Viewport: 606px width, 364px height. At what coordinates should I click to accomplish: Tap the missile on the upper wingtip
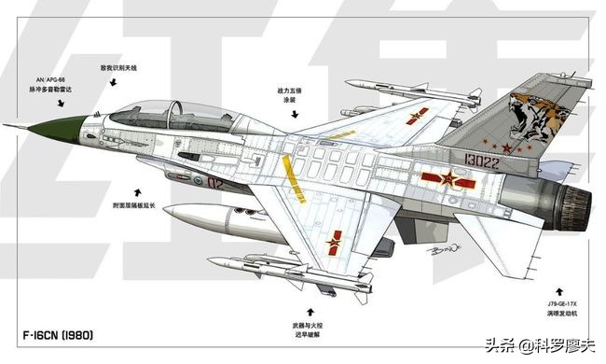(x=390, y=87)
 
